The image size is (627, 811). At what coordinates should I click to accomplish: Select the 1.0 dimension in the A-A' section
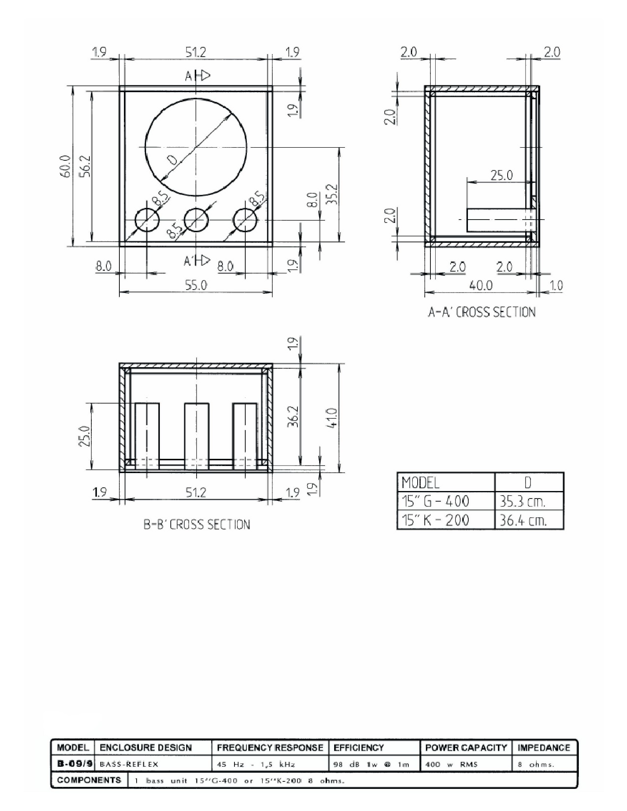[556, 285]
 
